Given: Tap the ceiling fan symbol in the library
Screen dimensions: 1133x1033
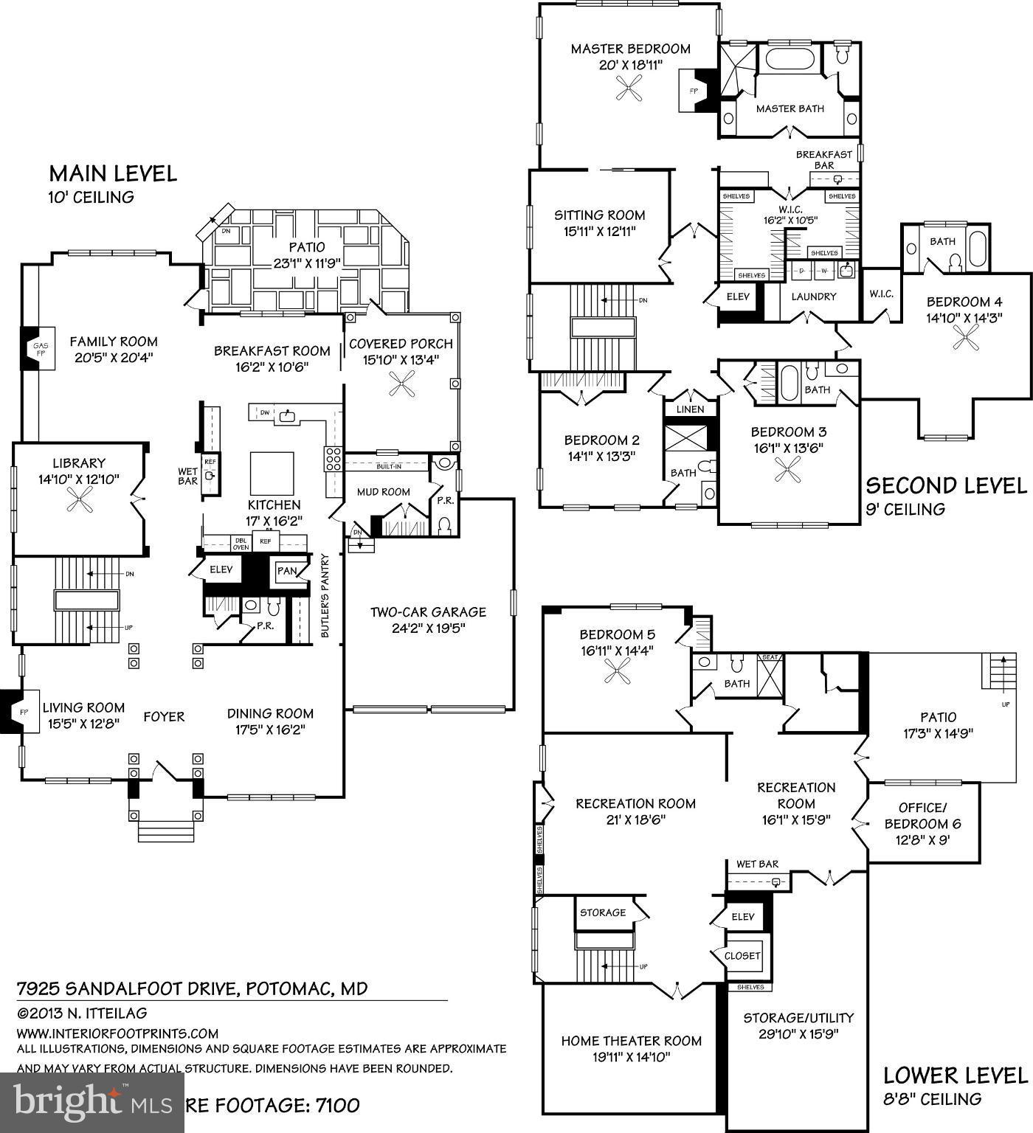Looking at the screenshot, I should (79, 502).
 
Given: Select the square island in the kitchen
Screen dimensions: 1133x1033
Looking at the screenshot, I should (272, 473).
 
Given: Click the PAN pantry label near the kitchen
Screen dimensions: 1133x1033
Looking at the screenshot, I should (287, 571).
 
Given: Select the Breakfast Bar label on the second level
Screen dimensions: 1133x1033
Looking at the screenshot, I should (823, 160).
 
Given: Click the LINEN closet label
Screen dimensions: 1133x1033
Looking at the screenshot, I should (690, 409).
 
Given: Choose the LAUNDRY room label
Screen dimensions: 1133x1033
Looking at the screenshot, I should (813, 297).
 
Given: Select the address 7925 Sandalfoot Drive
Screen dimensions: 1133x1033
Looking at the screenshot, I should (192, 988).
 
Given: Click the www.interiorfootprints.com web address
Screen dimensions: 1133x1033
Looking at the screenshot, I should (118, 1033).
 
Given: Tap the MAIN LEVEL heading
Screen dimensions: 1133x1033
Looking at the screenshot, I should (113, 174).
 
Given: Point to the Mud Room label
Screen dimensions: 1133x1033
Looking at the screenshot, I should (383, 492).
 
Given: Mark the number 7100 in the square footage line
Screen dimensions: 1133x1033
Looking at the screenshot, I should (337, 1105).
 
